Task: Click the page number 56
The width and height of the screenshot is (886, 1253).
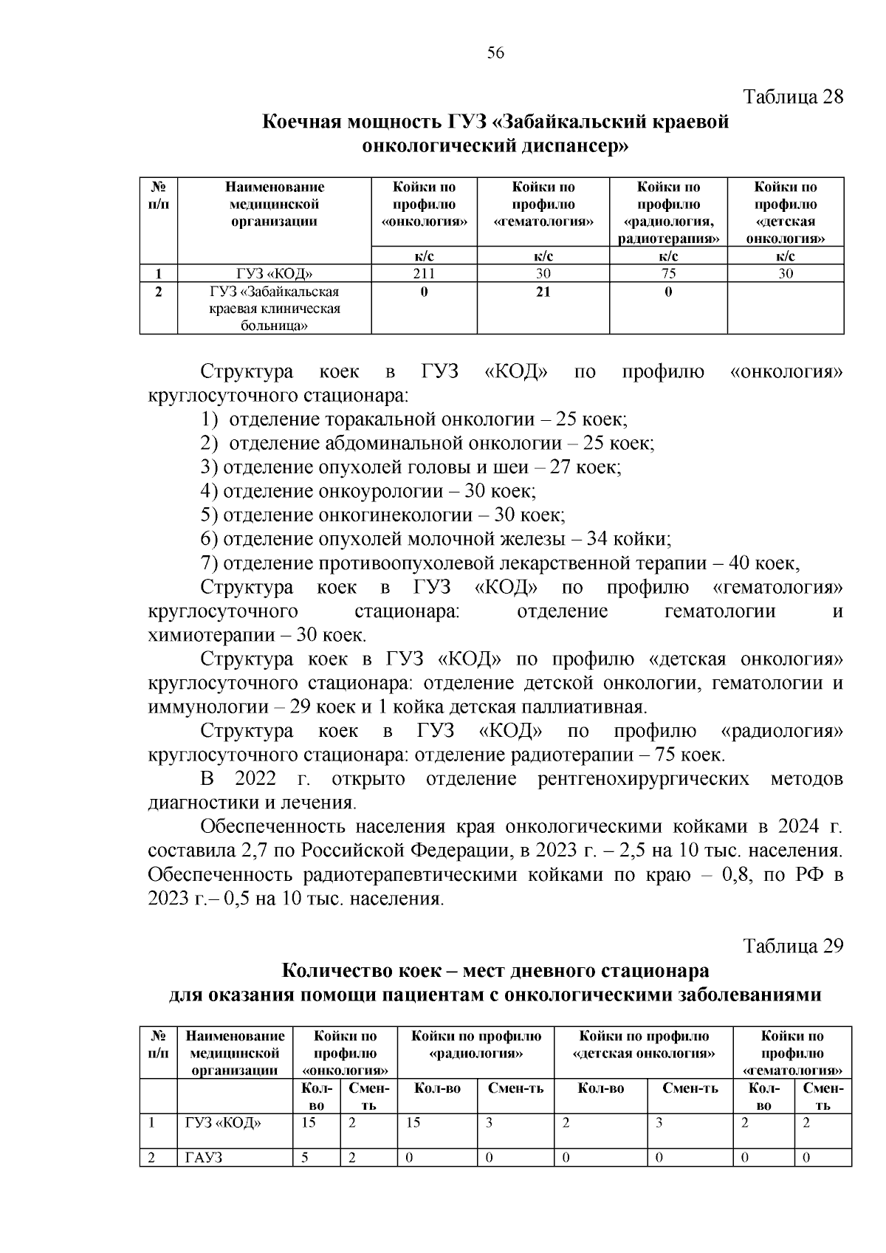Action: (x=495, y=52)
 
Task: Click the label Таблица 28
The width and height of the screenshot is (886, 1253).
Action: (x=792, y=97)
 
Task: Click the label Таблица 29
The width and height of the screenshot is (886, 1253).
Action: (x=792, y=947)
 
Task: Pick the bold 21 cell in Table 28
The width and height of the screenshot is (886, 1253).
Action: (x=543, y=292)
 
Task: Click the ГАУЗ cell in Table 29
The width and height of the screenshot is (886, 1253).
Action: (x=204, y=1158)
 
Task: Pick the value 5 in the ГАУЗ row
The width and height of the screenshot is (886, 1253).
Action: (x=304, y=1158)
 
